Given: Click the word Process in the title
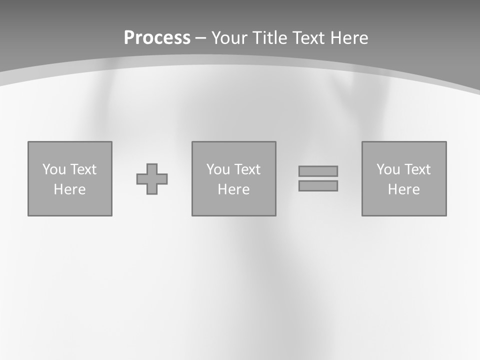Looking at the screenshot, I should pos(157,38).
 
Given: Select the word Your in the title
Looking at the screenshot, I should pos(230,38).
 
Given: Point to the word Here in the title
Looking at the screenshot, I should pos(349,38).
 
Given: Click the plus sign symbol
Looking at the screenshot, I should pos(152,179).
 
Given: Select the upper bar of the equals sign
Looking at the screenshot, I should pos(318,171).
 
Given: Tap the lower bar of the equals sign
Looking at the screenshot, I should pos(318,185).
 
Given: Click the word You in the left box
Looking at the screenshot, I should pos(54,169).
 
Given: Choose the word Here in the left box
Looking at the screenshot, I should pos(69,189).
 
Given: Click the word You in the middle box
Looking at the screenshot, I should pos(218,169).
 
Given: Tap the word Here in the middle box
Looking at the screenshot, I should pos(233,189).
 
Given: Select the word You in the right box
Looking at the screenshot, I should pos(388,169).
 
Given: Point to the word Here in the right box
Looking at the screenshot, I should pos(403,189).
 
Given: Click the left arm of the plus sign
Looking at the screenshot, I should pos(141,179).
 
